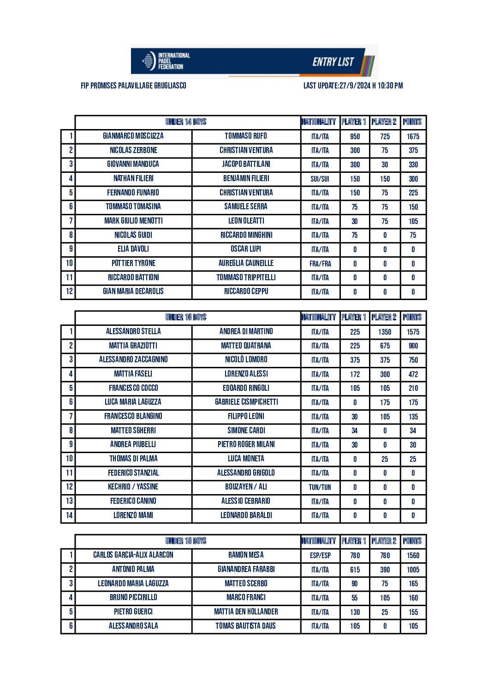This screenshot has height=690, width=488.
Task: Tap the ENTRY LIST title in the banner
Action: tap(333, 62)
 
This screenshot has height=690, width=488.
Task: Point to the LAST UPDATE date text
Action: tap(353, 86)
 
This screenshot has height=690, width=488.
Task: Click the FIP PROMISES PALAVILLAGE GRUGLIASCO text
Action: tap(133, 86)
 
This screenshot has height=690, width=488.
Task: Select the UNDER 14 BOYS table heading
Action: tap(186, 122)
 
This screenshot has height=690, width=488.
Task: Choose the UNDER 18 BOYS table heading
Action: tap(186, 541)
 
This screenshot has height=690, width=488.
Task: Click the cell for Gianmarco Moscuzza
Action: tap(133, 136)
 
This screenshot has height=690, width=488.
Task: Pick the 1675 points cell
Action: tap(413, 136)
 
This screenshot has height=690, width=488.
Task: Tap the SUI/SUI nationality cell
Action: tap(320, 179)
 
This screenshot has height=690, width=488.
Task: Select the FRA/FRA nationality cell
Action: tap(320, 264)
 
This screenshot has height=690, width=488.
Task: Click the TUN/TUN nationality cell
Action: tap(320, 487)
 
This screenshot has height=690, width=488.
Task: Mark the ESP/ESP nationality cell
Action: tap(320, 555)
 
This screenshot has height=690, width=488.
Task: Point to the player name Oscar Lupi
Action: tap(246, 249)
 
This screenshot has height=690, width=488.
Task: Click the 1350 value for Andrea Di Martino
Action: tap(385, 332)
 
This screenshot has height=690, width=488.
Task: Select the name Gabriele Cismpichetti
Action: tap(246, 402)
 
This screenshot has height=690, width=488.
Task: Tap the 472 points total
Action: tap(413, 374)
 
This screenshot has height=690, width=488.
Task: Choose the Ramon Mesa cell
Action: tap(246, 555)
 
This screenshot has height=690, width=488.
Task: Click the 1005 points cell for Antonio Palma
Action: tap(413, 570)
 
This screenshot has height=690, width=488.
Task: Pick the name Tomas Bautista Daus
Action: tap(246, 625)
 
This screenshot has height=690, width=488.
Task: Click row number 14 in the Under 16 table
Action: tap(69, 515)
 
